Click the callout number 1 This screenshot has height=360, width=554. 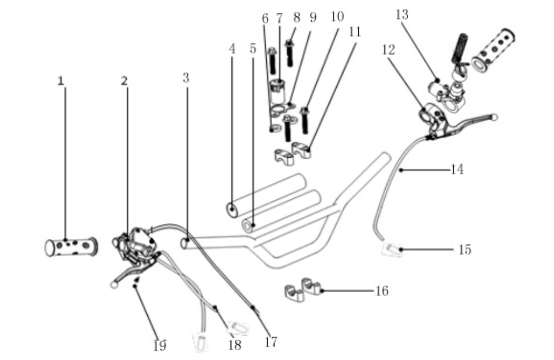60,81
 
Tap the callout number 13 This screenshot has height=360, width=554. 402,15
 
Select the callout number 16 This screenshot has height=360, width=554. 382,291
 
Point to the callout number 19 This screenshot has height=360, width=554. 160,346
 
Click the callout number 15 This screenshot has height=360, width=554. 465,250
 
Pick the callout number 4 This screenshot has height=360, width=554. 232,49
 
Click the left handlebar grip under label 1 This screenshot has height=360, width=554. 71,247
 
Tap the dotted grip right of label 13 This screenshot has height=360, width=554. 493,51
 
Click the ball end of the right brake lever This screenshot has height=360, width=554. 494,117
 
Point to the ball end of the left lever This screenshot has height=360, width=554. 114,285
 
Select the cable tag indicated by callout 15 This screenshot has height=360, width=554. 392,250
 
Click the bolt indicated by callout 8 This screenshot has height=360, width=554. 289,53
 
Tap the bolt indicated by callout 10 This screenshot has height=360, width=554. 305,120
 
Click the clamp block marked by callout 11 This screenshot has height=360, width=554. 301,150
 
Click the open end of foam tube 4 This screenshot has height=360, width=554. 232,210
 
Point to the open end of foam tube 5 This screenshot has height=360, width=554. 247,226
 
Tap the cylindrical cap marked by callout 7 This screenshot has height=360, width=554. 277,91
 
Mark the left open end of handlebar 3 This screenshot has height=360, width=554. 184,243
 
